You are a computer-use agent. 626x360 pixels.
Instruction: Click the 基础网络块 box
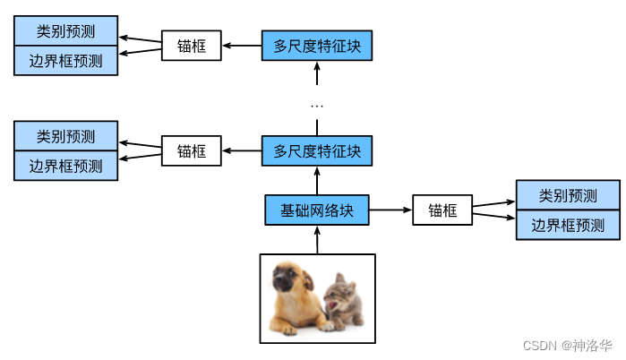click(x=317, y=210)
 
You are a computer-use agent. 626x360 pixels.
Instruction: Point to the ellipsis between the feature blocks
click(x=317, y=106)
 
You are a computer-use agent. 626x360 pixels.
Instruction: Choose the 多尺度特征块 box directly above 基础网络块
click(x=317, y=150)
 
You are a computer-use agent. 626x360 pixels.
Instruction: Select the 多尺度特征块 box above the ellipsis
click(x=317, y=45)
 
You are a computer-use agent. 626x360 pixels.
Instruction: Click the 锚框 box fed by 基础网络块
click(x=442, y=210)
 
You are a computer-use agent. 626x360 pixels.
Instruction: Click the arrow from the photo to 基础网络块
click(x=317, y=239)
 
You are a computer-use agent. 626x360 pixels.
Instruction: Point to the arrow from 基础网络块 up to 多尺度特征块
click(x=317, y=180)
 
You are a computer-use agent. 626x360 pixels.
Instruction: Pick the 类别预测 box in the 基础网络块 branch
click(x=568, y=195)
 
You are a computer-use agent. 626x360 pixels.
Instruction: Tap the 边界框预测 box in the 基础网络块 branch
click(x=568, y=225)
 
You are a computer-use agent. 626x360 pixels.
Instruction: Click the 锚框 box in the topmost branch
click(x=191, y=46)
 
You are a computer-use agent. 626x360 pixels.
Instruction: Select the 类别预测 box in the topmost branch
click(x=65, y=31)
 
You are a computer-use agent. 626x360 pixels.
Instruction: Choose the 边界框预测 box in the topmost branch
click(x=65, y=61)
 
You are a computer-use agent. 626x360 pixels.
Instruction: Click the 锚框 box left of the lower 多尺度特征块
click(x=191, y=150)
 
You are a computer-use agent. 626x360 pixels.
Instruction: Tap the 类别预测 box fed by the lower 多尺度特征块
click(x=65, y=136)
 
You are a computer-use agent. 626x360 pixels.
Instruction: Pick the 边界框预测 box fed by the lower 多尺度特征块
click(x=65, y=166)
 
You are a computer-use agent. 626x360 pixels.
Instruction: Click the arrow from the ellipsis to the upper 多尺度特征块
click(x=317, y=75)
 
